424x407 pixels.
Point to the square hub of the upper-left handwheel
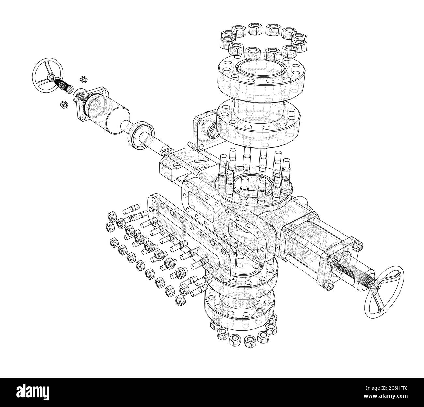(51, 78)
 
